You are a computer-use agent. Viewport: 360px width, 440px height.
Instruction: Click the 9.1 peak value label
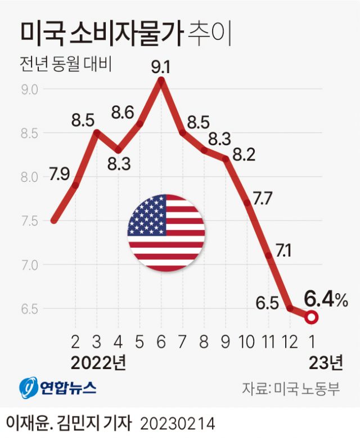161,69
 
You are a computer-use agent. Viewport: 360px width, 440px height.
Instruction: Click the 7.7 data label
262,198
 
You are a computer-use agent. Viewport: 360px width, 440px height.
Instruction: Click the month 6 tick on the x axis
161,341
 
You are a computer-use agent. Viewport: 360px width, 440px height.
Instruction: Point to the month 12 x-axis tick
290,341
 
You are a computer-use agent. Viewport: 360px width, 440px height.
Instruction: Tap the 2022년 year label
98,361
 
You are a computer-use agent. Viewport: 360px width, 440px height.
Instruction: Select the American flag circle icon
166,233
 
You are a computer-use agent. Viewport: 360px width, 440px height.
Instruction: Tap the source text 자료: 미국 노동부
291,388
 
